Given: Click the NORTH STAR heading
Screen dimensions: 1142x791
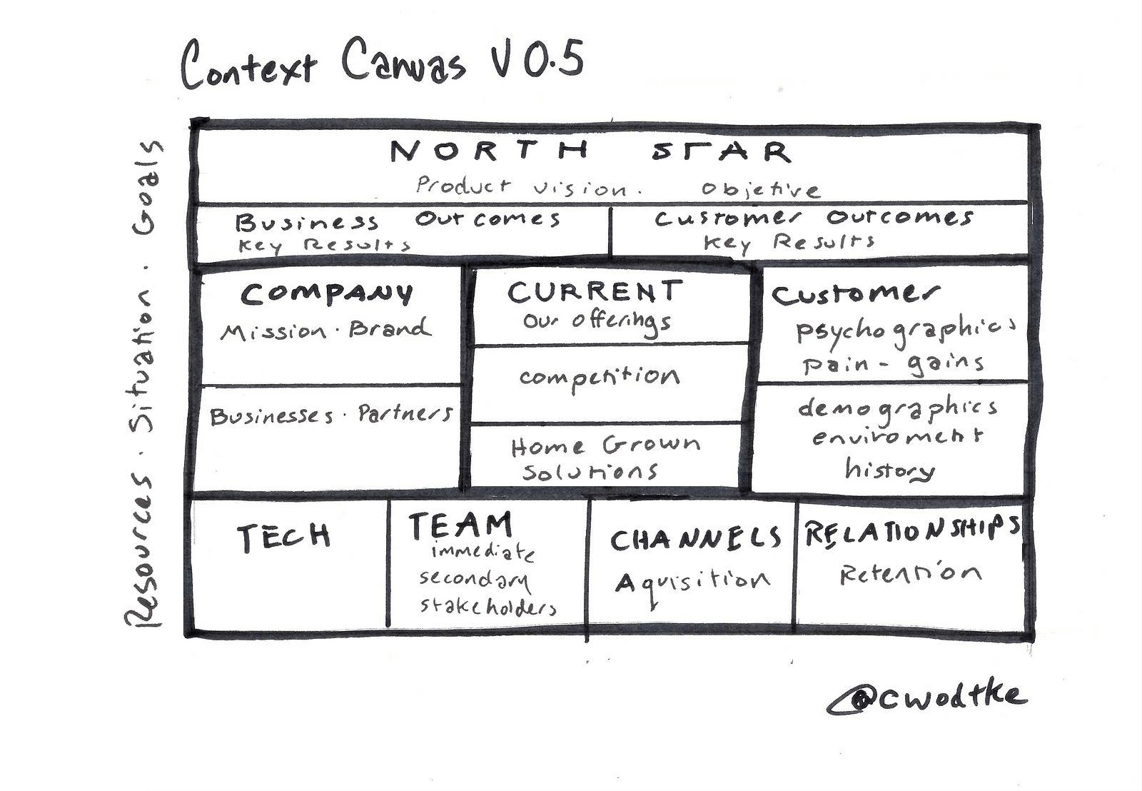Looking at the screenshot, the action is [x=590, y=151].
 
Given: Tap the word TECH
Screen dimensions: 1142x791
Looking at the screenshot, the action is [x=283, y=536].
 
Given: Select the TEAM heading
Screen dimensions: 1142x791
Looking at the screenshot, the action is [x=460, y=525].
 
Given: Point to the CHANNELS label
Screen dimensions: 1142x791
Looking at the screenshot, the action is [x=695, y=539].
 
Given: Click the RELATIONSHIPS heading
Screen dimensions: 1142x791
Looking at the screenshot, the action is [x=911, y=531].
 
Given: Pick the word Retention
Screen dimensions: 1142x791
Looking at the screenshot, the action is [x=911, y=573].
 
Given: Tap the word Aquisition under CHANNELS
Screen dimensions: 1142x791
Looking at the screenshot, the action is [x=692, y=582].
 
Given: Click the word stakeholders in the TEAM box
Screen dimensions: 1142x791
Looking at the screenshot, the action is [x=487, y=606].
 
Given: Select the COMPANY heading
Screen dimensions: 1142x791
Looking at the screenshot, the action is [x=327, y=293].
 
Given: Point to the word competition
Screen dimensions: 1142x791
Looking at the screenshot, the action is [x=600, y=376].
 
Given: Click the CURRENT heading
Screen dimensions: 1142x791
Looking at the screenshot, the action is [x=595, y=291].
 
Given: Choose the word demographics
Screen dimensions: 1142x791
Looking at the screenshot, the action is [x=897, y=408].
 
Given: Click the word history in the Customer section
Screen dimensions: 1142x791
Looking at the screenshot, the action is [x=889, y=469].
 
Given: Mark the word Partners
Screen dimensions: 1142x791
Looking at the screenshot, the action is [x=405, y=413].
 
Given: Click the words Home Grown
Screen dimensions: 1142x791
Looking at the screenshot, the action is [x=605, y=446].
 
